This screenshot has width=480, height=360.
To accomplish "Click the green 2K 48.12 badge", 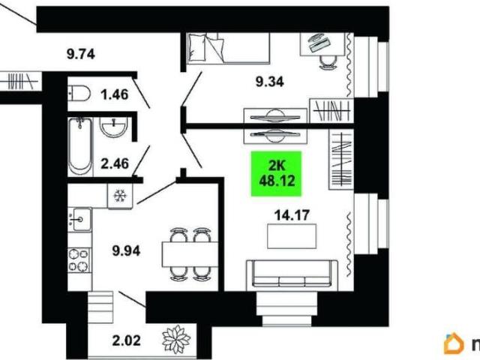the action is coord(277,173).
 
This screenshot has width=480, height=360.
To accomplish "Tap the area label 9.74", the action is coord(81,54).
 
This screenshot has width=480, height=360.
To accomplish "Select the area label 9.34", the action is coord(270,82).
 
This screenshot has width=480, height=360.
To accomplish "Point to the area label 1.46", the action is coord(115,94).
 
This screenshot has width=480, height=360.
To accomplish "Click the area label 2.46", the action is coord(115,163).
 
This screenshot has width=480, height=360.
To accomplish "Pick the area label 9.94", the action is coord(126,251).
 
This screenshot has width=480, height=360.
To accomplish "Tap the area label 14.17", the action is coord(292,215).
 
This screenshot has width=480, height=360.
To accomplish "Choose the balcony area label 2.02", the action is coord(126,340).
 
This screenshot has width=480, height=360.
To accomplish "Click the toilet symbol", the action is coord(79,93).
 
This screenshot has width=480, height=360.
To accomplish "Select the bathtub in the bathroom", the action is coord(80,147).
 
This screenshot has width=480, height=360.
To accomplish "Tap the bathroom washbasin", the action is coord(113,127).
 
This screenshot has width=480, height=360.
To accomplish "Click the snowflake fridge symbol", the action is coord(120,196).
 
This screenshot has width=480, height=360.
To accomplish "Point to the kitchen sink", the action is coord(79,219).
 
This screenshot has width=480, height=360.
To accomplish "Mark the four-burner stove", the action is coord(79,260).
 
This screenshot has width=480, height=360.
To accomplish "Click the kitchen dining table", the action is coord(190,254).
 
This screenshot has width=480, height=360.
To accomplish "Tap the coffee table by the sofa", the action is coord(292,236).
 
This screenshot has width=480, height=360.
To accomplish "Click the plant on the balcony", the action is coord(176,339).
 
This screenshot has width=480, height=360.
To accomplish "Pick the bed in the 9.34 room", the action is coord(228,48).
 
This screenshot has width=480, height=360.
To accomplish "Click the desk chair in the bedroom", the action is coord(328,62).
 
